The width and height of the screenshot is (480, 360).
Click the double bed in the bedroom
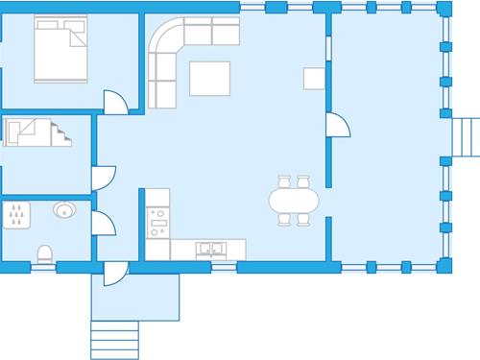pos(62,49)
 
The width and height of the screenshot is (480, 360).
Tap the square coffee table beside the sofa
pos(209,79)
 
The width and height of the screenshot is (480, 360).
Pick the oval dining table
pos(294,201)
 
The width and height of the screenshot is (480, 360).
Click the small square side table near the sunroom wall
pos(315,78)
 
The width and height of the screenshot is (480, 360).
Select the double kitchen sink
pos(210,249)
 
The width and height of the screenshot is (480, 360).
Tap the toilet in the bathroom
pos(44,253)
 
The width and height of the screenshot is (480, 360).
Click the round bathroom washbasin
pos(64,210)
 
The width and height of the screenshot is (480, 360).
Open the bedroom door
pos(115,101)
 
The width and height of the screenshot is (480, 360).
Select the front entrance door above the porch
pos(115,273)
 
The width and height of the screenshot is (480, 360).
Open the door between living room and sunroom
pos(337,125)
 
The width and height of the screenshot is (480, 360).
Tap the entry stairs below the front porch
pos(113,338)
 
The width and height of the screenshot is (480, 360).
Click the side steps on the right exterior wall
pos(467,136)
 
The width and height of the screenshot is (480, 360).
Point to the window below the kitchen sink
pos(223,266)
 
